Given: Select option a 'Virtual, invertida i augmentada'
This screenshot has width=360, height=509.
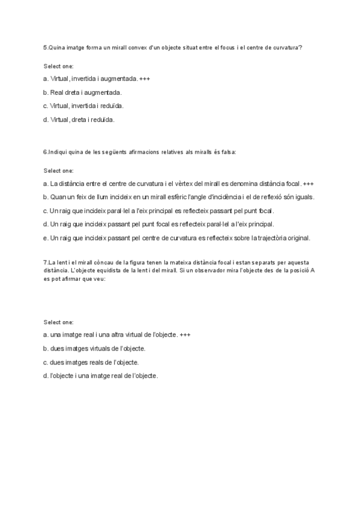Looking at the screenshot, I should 90,79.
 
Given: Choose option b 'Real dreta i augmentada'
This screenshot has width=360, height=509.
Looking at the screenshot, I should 82,92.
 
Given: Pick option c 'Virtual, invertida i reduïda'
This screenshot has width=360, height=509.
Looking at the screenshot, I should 83,106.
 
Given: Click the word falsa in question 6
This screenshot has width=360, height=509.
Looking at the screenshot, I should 228,152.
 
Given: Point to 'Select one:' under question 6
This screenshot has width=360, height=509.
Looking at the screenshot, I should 58,170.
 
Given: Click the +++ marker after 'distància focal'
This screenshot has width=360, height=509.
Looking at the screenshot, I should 308,183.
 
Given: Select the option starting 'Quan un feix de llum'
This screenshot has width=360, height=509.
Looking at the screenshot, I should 180,197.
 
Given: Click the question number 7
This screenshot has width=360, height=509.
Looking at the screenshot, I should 45,262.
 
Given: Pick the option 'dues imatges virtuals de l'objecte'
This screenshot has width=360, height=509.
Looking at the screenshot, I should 94,348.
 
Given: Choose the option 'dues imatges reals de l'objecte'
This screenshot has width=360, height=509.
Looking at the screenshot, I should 91,362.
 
